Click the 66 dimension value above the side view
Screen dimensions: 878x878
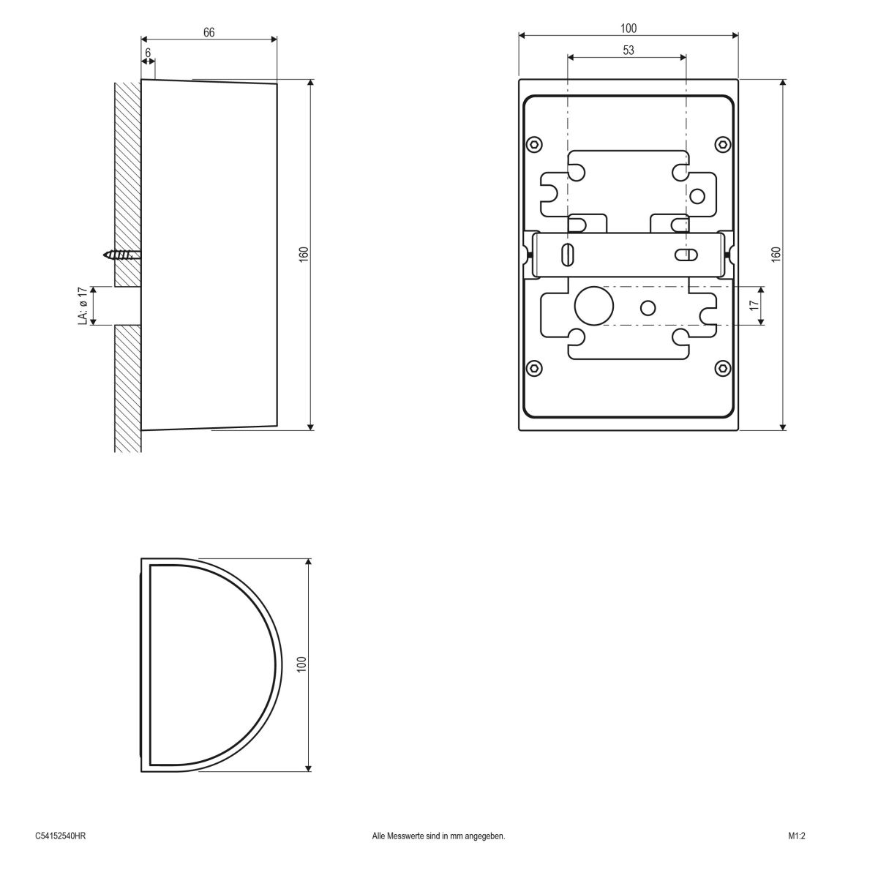[209, 32]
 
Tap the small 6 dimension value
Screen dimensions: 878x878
[148, 53]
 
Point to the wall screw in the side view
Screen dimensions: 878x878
[122, 255]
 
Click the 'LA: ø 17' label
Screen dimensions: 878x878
[83, 306]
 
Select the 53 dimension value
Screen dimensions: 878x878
[629, 50]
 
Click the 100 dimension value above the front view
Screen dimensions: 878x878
[629, 29]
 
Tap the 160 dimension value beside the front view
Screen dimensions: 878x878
[776, 254]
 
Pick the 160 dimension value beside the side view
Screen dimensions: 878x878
[304, 254]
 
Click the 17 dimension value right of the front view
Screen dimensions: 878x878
[755, 305]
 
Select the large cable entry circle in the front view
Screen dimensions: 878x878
[593, 306]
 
